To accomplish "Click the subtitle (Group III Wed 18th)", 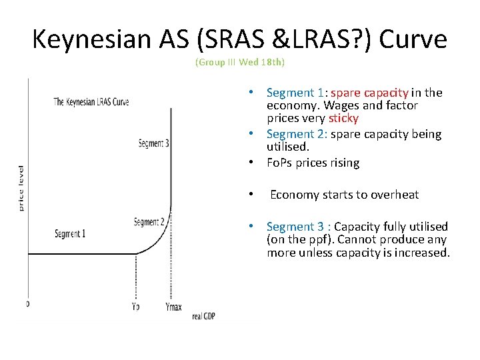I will coord(239,63).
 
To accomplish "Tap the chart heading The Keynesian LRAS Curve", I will coord(91,102).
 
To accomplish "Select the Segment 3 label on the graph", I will coord(153,143).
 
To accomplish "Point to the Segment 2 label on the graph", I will coord(149,222).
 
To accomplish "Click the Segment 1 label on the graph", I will coord(70,234).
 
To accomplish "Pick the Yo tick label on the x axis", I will coord(136,307).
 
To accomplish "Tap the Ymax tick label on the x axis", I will coord(173,307).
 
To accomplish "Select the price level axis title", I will coord(21,188).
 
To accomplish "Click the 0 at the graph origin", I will coord(27,304).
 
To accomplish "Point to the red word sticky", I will coord(343,118).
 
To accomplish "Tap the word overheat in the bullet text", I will coord(395,195).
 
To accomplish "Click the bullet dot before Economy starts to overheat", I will coord(249,195).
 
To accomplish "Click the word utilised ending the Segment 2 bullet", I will coord(287,146).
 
